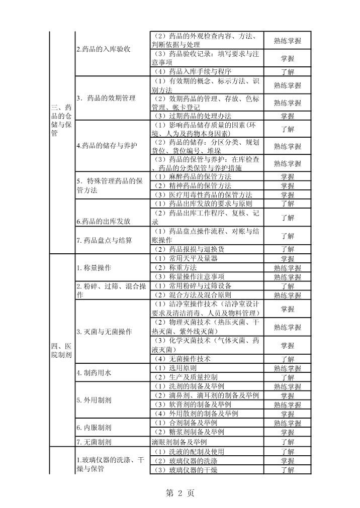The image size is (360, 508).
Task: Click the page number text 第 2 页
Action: pos(180,493)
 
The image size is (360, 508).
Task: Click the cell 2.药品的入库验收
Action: pos(104,49)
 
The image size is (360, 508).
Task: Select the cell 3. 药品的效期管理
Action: pos(106,98)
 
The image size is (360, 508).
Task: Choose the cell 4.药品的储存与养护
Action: pos(106,146)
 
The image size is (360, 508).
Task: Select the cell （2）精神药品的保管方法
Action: pos(192,186)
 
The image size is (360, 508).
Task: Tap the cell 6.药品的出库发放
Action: pos(104,221)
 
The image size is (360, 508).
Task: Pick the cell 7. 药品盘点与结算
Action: pos(105,240)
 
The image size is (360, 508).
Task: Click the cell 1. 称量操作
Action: pos(94,267)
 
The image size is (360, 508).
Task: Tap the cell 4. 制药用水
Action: pos(94,373)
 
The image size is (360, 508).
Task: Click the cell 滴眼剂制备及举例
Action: pos(179,442)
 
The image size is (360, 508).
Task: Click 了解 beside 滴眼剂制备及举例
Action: pos(288,442)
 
